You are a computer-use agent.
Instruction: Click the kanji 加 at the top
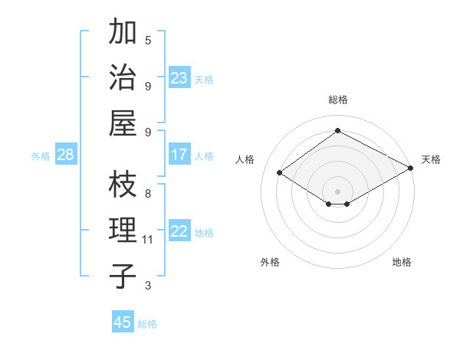(x=123, y=33)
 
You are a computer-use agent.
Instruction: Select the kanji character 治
(x=123, y=77)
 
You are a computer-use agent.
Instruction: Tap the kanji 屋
(x=123, y=123)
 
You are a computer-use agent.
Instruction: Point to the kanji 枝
(x=123, y=185)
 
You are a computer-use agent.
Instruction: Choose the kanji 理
(x=123, y=231)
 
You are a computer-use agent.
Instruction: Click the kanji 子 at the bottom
(x=123, y=276)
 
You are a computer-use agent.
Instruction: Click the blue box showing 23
(x=179, y=78)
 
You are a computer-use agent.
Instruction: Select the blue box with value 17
(x=179, y=155)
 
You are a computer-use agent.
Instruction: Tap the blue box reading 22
(x=179, y=231)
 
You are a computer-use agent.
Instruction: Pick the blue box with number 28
(x=65, y=155)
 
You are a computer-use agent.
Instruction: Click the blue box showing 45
(x=123, y=322)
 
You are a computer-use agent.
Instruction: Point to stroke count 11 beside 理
(x=148, y=240)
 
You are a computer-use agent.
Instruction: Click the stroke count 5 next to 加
(x=148, y=39)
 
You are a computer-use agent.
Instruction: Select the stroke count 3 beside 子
(x=148, y=286)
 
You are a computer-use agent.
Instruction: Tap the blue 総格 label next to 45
(x=147, y=324)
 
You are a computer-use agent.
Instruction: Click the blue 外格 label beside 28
(x=41, y=156)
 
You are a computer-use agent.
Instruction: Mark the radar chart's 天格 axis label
(x=431, y=159)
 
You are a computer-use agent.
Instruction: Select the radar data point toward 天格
(x=411, y=169)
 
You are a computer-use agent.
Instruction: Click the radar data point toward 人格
(x=280, y=173)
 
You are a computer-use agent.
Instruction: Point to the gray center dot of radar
(x=337, y=191)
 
